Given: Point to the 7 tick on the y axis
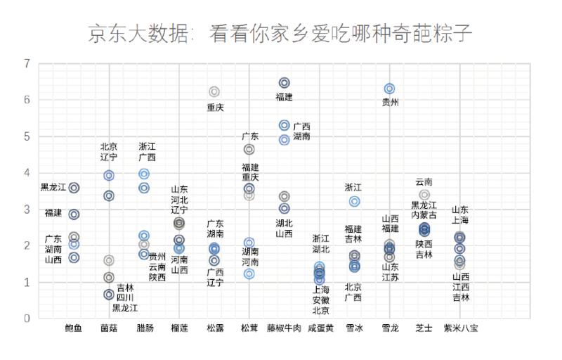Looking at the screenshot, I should point(27,64).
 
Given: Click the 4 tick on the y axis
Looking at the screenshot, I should point(27,173).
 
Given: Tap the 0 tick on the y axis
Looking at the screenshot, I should point(27,319).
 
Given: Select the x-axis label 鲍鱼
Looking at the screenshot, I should point(73,328).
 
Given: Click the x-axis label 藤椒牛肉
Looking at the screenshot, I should point(284,328).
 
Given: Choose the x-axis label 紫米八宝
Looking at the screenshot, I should point(460,328).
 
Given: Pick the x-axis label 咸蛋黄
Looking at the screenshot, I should point(320,328).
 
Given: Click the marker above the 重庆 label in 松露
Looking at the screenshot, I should point(214,92).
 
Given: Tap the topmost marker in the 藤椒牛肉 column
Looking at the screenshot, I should point(285,83).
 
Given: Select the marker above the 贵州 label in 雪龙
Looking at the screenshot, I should point(389,89).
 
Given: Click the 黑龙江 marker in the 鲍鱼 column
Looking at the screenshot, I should point(74,188).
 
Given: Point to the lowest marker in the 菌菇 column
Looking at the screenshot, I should point(109,295).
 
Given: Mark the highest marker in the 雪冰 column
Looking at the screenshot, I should point(355,202).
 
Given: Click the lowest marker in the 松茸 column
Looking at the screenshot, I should point(249,274).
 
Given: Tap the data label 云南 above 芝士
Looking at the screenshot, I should point(424,181).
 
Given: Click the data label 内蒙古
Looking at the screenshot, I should point(424,215).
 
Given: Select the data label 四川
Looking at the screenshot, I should point(125,297).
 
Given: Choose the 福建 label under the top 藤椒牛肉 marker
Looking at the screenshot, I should point(284,97).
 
